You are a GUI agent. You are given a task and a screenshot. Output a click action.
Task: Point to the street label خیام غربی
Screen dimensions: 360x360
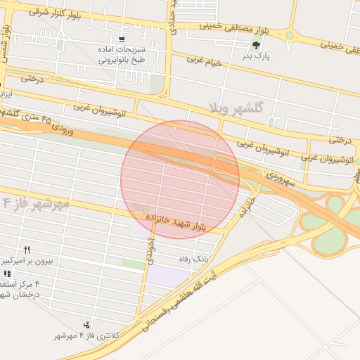coord(204,60)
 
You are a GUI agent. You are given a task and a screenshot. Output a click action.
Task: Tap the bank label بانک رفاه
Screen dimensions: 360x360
coord(195,259)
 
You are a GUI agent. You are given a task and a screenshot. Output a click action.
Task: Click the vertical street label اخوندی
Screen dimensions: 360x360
coord(150,250)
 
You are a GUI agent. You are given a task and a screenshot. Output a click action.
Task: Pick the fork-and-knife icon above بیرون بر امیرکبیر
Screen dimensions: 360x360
coord(27,250)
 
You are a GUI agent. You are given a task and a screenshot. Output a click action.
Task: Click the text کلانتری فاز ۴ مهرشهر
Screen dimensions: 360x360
coord(88,335)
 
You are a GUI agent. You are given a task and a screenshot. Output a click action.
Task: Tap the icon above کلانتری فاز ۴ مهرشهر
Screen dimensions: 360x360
coord(86,324)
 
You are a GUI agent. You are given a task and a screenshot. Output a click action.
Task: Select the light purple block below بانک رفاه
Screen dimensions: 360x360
coord(169,276)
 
